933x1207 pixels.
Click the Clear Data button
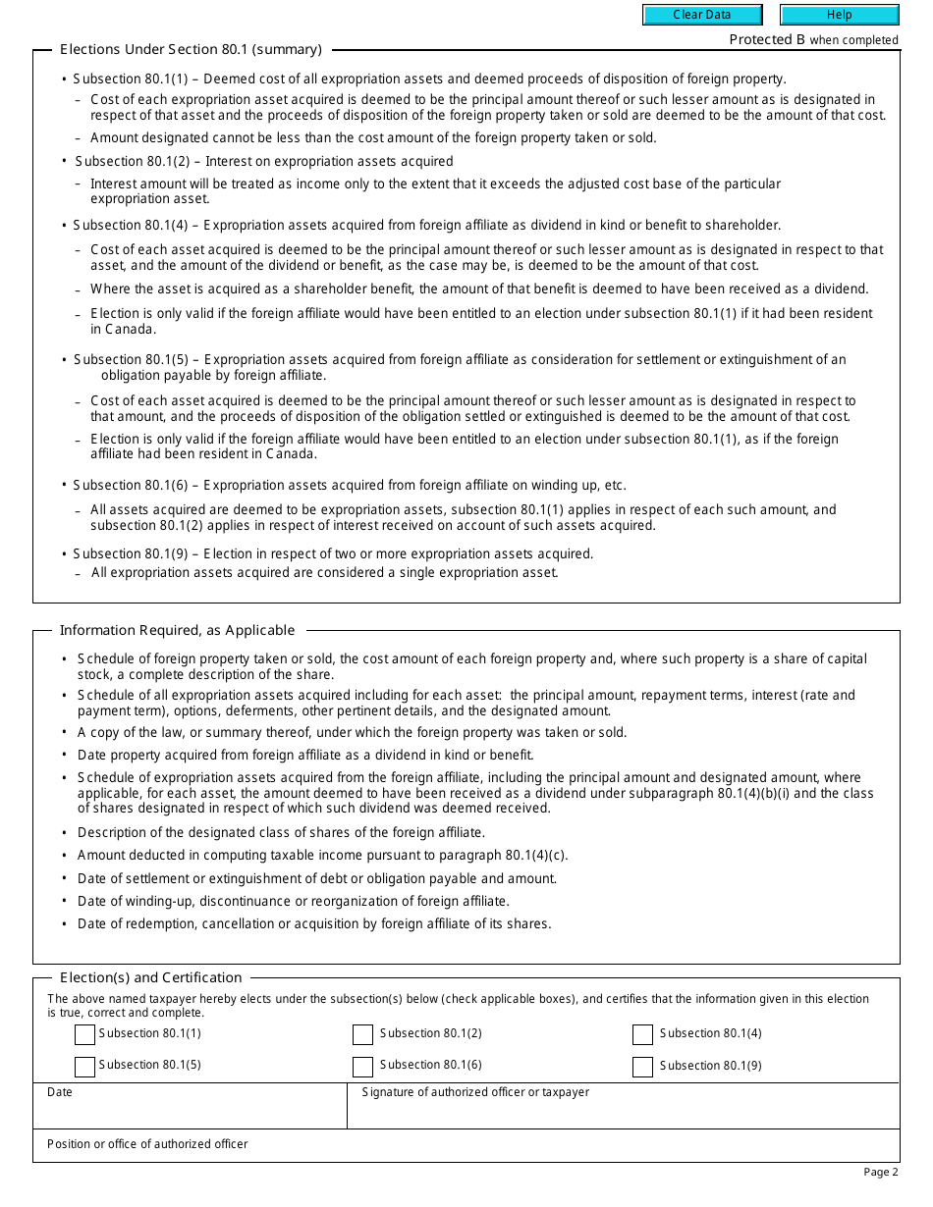(x=702, y=15)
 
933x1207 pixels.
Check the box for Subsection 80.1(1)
(x=84, y=1034)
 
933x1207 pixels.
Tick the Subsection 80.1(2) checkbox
(x=362, y=1034)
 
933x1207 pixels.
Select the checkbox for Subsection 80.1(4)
(x=642, y=1034)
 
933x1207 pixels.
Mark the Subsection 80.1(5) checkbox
(x=84, y=1067)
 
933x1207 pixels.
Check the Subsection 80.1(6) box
(x=362, y=1067)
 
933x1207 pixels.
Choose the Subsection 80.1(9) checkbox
(x=642, y=1067)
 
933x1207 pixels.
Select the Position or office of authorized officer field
(x=466, y=1150)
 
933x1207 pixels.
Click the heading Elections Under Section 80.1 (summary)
(x=191, y=49)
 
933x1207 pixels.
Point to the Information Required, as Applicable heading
(x=177, y=630)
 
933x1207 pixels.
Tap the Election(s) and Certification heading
(x=150, y=977)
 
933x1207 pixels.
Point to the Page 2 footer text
(x=880, y=1172)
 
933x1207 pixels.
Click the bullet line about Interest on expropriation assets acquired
(x=264, y=161)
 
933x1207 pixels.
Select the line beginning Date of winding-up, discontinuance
(x=293, y=901)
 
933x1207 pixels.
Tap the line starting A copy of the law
(x=352, y=732)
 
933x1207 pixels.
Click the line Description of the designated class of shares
(x=281, y=832)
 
